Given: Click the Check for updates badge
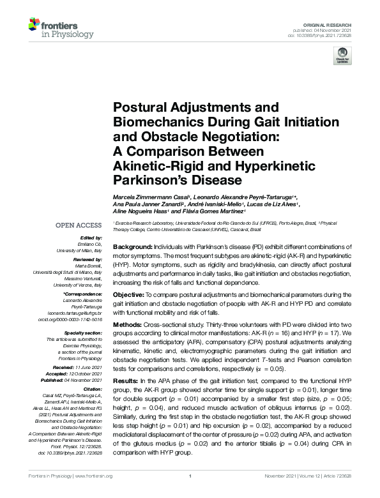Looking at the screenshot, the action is point(342,57).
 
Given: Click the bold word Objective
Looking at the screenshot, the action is point(132,294).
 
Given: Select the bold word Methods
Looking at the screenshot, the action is point(130,323).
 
